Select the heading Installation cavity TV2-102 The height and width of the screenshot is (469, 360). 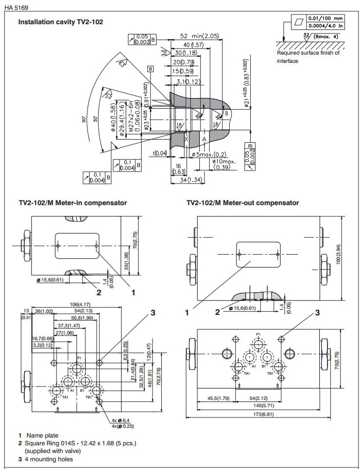click(x=61, y=23)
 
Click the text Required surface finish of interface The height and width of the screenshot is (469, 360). click(x=308, y=57)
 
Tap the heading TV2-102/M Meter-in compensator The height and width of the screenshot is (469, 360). click(x=73, y=203)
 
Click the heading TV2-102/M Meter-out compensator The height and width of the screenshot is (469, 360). click(x=243, y=203)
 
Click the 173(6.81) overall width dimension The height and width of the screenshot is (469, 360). click(x=262, y=415)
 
